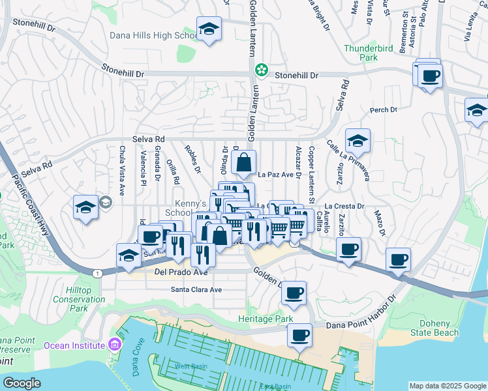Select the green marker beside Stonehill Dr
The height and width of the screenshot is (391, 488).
262,69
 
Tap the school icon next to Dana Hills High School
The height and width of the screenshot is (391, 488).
209,29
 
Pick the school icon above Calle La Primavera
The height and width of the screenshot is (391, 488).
358,140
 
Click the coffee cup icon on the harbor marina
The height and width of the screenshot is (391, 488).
299,336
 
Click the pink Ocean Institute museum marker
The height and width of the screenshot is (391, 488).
115,344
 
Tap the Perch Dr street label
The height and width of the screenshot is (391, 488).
384,110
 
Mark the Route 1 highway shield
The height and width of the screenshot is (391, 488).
98,273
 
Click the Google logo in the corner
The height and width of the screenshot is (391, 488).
22,383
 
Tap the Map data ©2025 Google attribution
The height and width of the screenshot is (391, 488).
447,386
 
